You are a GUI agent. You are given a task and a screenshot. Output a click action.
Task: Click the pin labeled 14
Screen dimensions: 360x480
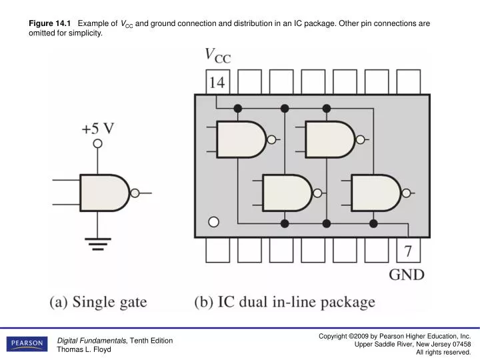(218, 83)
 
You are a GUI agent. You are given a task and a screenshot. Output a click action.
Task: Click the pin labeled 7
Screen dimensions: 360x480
(408, 251)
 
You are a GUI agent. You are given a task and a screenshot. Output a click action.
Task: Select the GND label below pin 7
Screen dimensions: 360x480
(407, 275)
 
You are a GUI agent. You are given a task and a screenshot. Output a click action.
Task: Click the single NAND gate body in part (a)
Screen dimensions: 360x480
(103, 193)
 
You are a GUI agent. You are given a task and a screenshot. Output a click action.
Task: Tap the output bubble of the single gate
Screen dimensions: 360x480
(135, 193)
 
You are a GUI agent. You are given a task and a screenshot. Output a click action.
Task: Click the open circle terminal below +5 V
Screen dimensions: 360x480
(97, 143)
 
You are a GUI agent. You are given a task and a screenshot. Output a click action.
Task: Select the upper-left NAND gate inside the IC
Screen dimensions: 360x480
(241, 139)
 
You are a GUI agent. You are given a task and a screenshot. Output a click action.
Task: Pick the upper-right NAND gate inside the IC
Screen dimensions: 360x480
(329, 139)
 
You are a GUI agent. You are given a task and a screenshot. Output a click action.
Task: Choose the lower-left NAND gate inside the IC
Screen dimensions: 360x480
(286, 193)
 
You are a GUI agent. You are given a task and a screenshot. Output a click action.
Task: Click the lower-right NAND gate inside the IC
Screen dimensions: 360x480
(375, 193)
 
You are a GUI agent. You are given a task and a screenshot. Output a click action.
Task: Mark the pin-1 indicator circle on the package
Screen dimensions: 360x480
(213, 222)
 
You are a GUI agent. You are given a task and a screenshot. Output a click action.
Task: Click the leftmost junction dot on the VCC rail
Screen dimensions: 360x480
(238, 108)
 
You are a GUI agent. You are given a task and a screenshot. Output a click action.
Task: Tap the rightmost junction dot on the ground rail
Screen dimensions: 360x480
(373, 223)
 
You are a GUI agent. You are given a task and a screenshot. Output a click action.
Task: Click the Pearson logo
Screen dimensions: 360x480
(26, 344)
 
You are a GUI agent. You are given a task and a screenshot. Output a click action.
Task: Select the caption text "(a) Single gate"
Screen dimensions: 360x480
(98, 302)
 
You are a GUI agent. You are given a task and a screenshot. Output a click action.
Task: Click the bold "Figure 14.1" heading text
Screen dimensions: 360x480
(49, 23)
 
